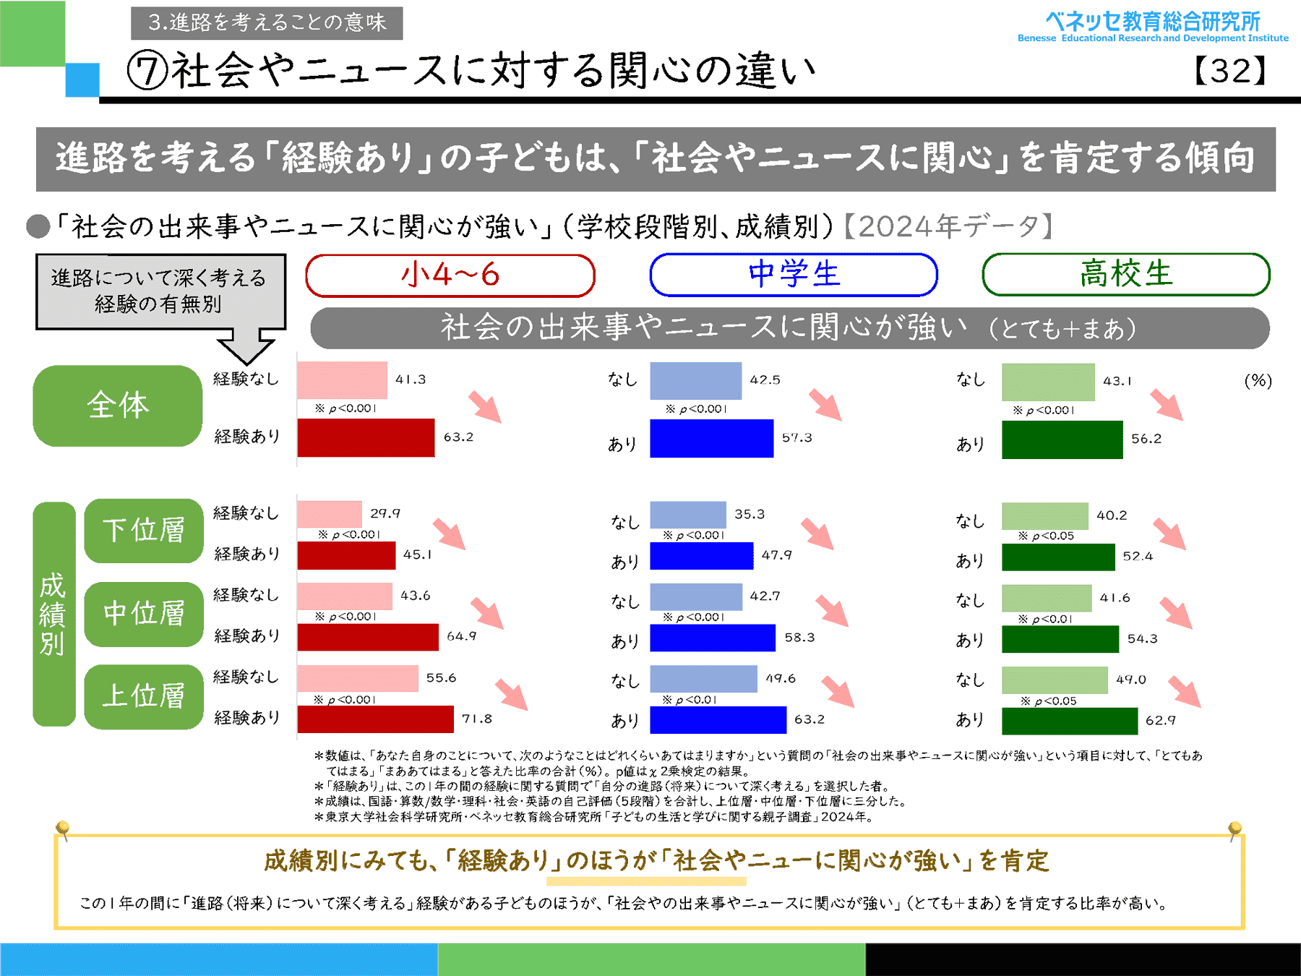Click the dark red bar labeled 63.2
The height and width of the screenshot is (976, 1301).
(366, 437)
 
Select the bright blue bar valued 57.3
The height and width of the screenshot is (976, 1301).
(711, 438)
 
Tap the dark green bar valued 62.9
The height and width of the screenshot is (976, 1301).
(1069, 721)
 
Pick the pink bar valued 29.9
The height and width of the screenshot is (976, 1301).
(329, 514)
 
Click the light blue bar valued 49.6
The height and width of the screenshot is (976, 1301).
(703, 679)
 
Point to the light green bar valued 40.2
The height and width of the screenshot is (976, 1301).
(1044, 516)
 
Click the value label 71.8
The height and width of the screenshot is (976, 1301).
(477, 719)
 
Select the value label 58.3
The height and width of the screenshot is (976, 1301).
(799, 638)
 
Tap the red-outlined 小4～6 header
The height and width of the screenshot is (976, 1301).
(450, 275)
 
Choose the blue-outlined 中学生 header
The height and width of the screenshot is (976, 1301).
(794, 275)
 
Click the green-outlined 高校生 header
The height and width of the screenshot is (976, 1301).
(1125, 275)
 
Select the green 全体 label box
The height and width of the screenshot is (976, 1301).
(117, 406)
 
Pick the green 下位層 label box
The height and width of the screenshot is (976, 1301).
(144, 531)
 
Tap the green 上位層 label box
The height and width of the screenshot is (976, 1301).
(144, 696)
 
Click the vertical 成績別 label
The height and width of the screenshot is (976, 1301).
(53, 614)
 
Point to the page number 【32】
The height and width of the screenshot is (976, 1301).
(1230, 71)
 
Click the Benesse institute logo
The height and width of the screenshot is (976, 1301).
(1153, 27)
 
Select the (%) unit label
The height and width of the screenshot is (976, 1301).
(1258, 381)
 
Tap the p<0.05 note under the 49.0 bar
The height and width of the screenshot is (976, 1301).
(1049, 701)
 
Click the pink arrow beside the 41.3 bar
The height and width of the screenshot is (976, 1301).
(485, 406)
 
